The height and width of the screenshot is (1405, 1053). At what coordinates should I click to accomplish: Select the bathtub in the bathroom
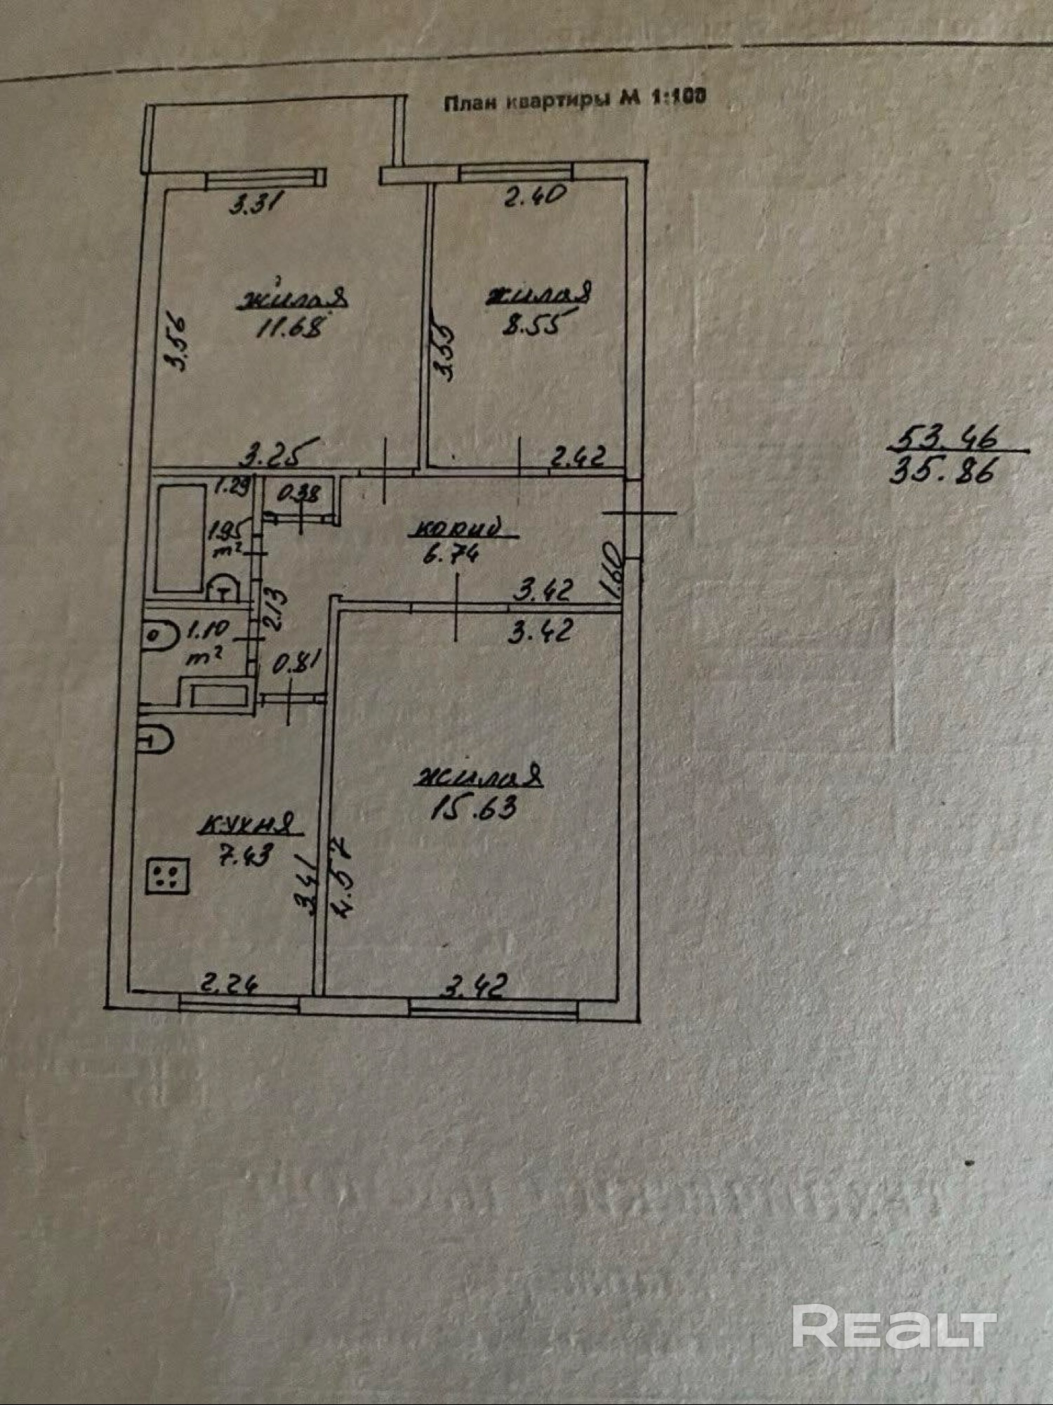point(180,536)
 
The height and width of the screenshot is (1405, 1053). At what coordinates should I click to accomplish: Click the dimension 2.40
point(536,196)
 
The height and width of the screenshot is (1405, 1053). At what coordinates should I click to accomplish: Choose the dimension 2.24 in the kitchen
point(228,983)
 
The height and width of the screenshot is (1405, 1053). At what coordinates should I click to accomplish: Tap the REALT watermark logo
point(894,1326)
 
